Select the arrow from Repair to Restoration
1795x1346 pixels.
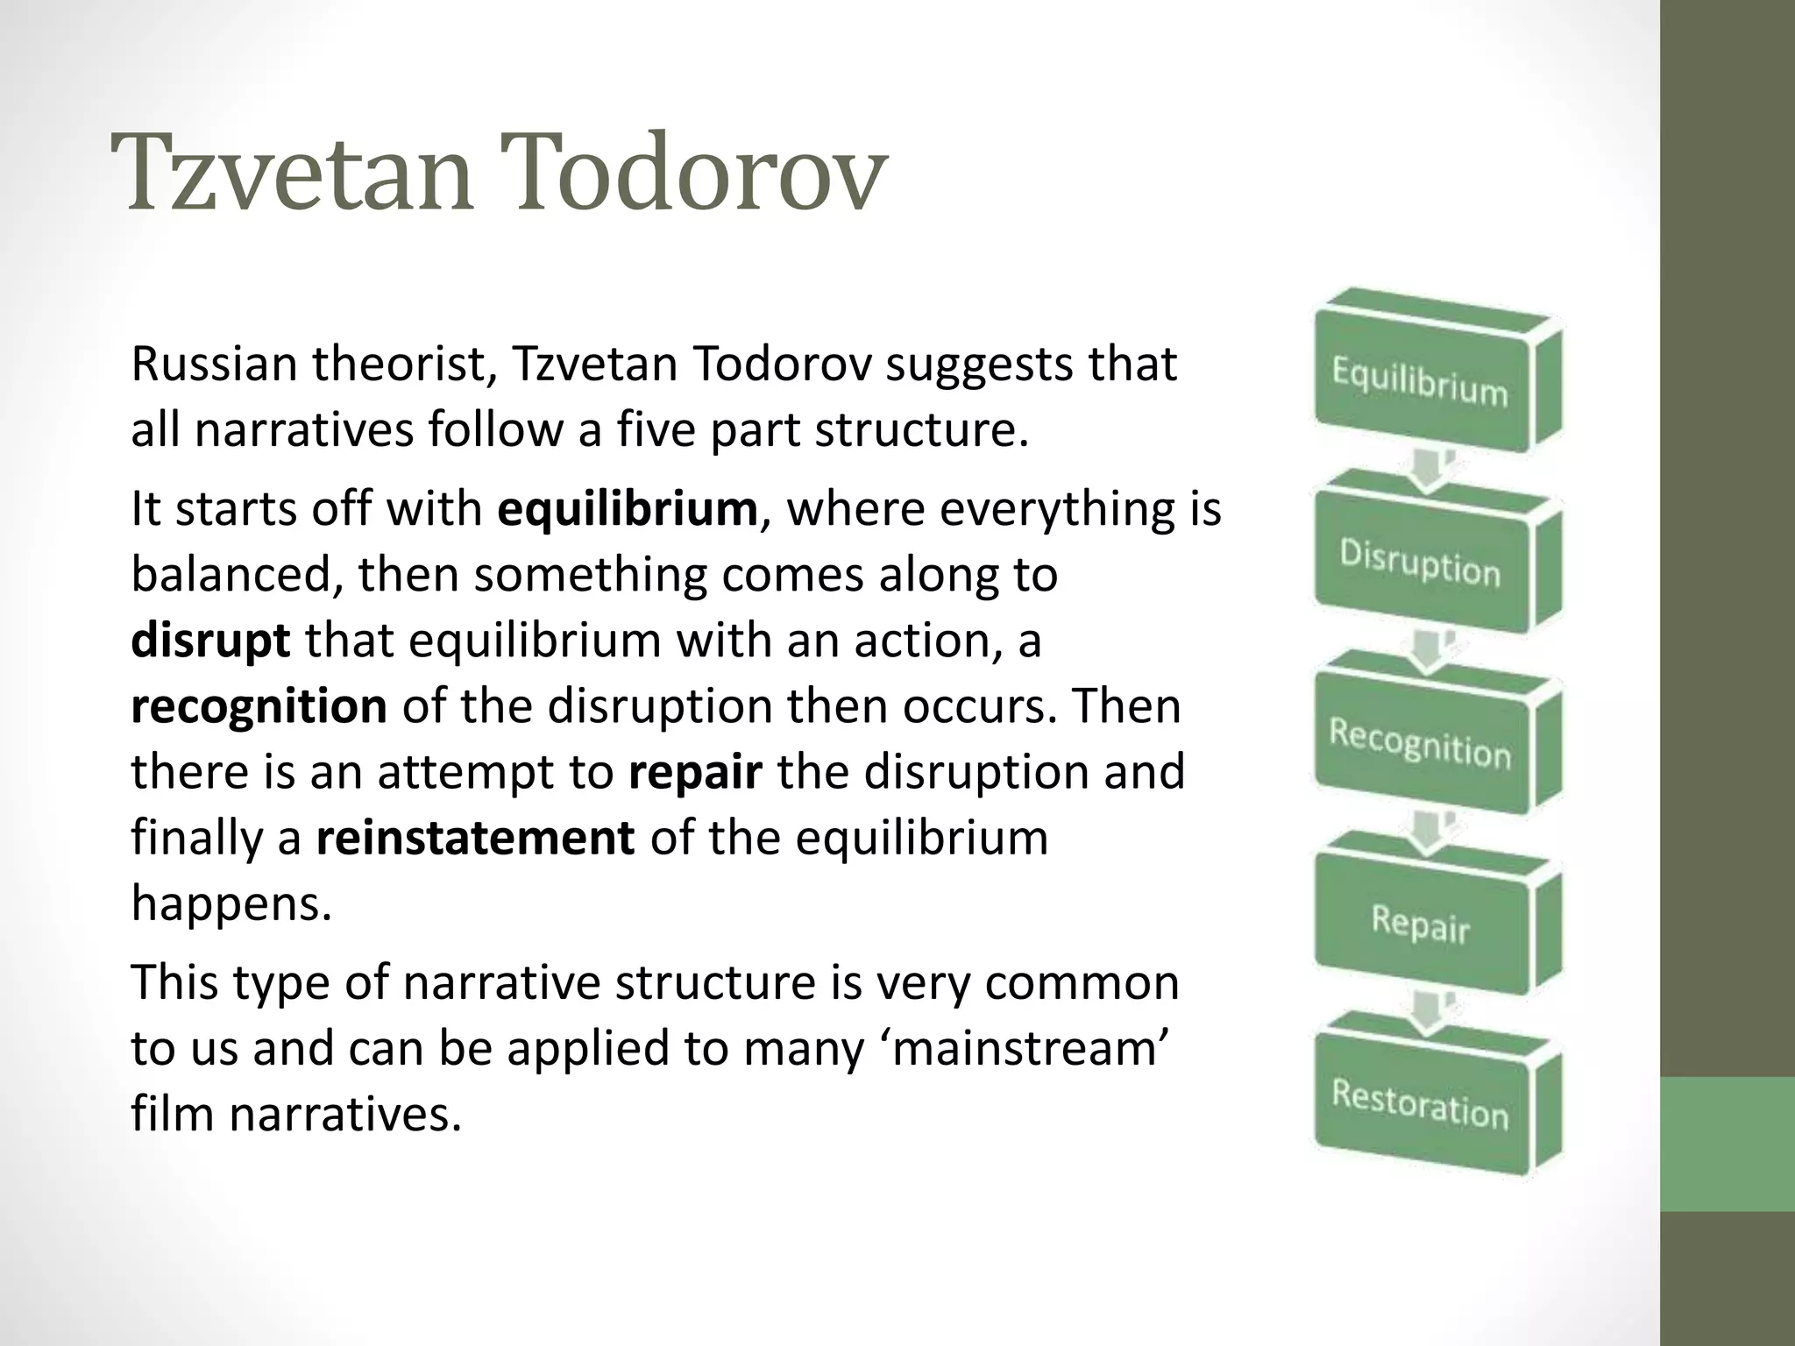[1427, 1013]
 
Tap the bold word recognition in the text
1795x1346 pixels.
[259, 707]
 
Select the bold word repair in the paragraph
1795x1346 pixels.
[695, 773]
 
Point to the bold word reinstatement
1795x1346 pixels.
[474, 839]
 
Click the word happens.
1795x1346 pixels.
[231, 904]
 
